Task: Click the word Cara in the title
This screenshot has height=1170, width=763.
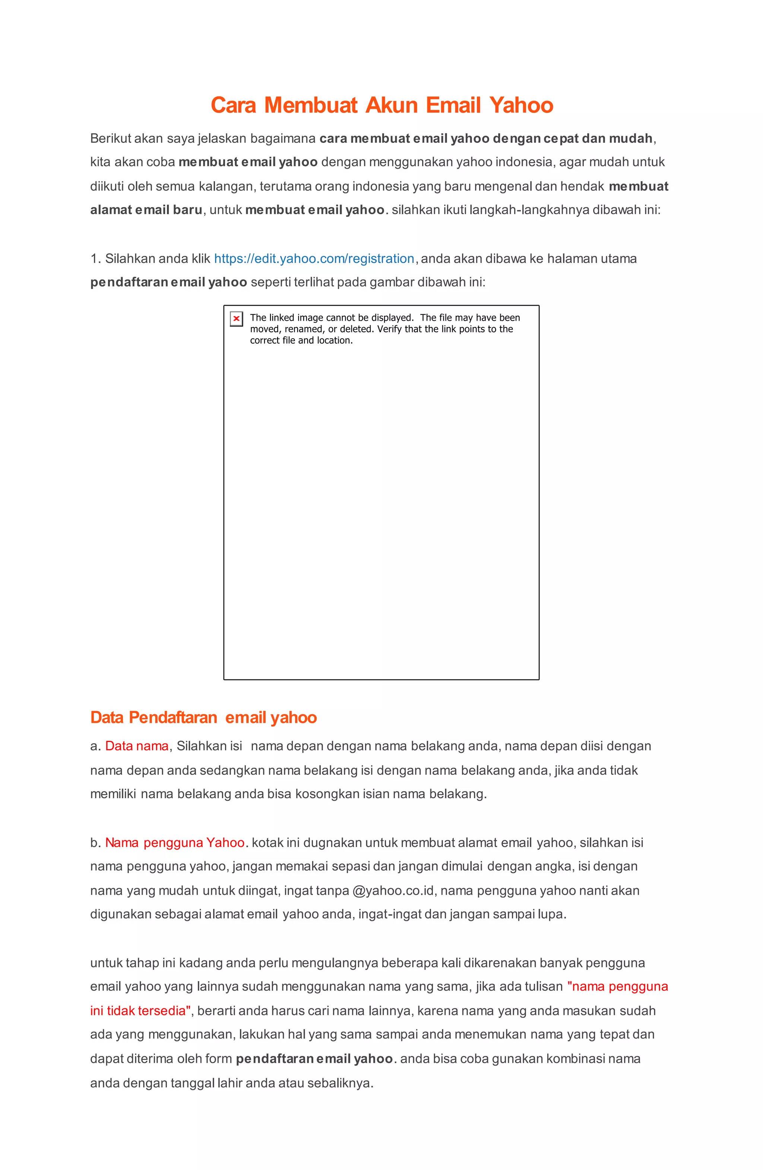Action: tap(234, 105)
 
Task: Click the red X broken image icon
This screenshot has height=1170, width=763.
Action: tap(237, 318)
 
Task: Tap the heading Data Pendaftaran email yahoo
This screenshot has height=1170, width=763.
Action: tap(203, 717)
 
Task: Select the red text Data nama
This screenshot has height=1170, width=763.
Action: tap(137, 746)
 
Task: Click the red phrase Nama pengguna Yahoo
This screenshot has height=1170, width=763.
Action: tap(174, 843)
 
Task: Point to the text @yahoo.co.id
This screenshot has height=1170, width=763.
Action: tap(393, 890)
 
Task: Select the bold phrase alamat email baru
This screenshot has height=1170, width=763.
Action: tap(146, 210)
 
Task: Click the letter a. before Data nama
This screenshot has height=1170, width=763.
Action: tap(95, 746)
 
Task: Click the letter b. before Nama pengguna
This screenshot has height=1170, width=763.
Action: tap(95, 843)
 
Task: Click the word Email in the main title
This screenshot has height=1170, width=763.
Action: tap(453, 105)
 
